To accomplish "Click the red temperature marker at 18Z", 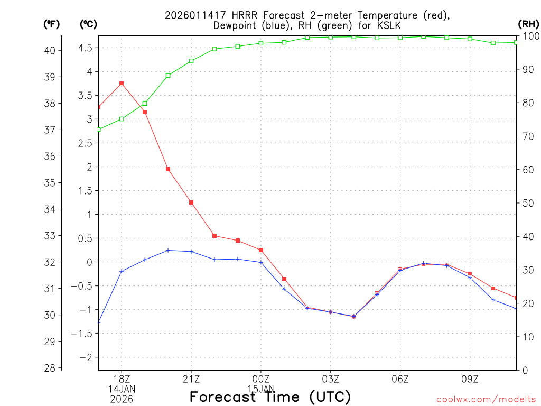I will pyautogui.click(x=122, y=84).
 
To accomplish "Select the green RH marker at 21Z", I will pyautogui.click(x=191, y=61).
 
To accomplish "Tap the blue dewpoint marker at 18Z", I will pyautogui.click(x=122, y=271).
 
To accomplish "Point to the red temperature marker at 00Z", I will pyautogui.click(x=261, y=250).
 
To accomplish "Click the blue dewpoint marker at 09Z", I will pyautogui.click(x=470, y=278).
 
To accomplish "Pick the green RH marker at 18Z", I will pyautogui.click(x=122, y=119).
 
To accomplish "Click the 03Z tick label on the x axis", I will pyautogui.click(x=331, y=379).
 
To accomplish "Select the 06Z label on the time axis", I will pyautogui.click(x=400, y=379).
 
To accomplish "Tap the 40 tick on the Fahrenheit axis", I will pyautogui.click(x=51, y=50).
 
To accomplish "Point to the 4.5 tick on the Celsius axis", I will pyautogui.click(x=85, y=48).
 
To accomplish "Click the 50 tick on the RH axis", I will pyautogui.click(x=527, y=203).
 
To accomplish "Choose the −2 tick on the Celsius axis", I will pyautogui.click(x=85, y=357).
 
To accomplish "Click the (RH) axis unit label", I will pyautogui.click(x=528, y=24).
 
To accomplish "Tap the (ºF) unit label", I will pyautogui.click(x=52, y=24).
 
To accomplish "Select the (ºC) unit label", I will pyautogui.click(x=88, y=24).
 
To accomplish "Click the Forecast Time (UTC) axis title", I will pyautogui.click(x=270, y=396).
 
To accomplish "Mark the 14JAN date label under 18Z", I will pyautogui.click(x=122, y=389).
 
